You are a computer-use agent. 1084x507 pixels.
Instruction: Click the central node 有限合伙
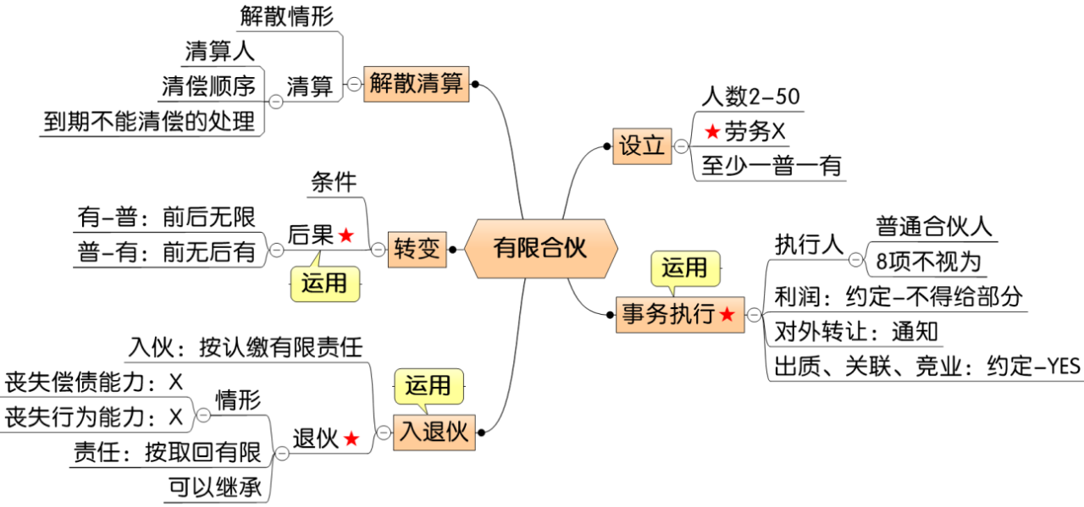pos(539,249)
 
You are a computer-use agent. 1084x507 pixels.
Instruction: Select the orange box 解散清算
pos(416,84)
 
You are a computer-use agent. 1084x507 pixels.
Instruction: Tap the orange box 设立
pos(641,146)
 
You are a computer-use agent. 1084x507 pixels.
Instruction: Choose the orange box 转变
pos(417,250)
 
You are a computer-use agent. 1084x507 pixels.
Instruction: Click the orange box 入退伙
pos(434,433)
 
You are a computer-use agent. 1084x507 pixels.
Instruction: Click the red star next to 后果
pos(346,236)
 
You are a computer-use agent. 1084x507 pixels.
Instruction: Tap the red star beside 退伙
pos(351,439)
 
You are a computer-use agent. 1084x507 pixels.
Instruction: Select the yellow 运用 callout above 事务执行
pos(684,268)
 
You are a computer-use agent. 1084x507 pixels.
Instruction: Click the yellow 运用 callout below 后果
pos(324,284)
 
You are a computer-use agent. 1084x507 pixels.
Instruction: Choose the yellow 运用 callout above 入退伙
pos(428,386)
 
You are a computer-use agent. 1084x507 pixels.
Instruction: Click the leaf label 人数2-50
pos(750,96)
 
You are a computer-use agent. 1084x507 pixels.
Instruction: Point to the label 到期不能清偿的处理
pos(149,122)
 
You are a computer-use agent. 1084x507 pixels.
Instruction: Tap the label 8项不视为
pos(928,262)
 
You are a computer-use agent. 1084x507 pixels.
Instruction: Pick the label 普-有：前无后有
pos(167,251)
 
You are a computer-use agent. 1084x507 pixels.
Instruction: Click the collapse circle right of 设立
pos(682,146)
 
